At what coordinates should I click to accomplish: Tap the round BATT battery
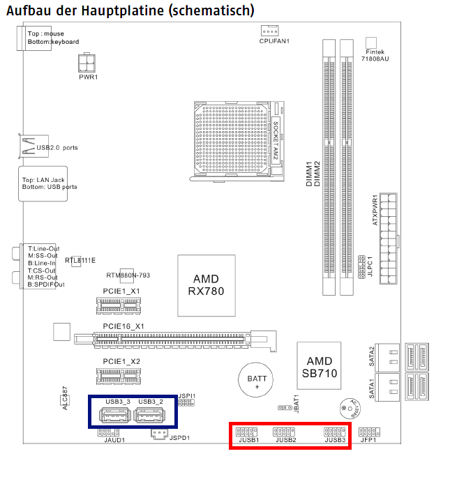click(257, 381)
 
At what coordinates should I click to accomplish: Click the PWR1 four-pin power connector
click(87, 63)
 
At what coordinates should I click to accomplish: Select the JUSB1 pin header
click(248, 432)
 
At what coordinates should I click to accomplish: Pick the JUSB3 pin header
click(335, 432)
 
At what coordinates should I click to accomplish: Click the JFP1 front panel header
click(368, 432)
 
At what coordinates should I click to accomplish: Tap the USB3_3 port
click(114, 416)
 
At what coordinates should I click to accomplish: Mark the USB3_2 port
click(150, 416)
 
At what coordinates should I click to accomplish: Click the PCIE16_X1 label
click(123, 326)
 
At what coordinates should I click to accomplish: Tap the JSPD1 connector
click(159, 434)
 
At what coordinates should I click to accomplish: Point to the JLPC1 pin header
click(361, 266)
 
